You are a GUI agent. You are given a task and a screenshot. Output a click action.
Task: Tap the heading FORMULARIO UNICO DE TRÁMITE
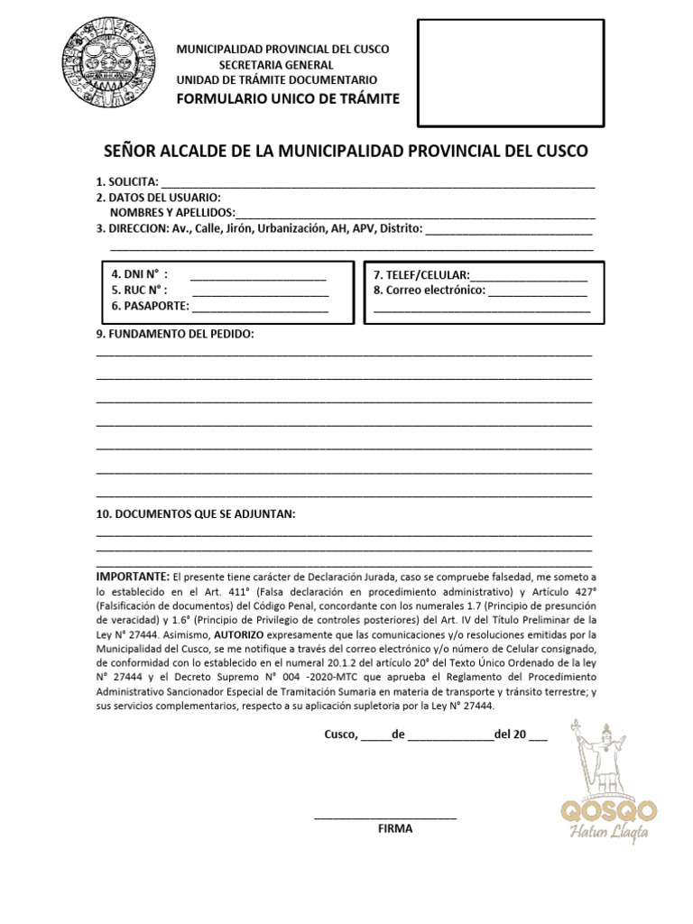(286, 98)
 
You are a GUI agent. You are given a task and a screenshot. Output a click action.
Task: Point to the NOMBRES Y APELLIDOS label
(172, 213)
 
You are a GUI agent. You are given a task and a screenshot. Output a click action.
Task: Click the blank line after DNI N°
(258, 275)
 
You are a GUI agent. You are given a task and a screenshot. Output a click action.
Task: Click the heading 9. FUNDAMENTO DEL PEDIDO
(175, 335)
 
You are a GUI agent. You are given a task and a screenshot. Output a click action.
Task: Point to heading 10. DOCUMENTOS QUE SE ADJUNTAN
(196, 514)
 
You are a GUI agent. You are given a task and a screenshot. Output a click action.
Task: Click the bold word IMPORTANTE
(132, 577)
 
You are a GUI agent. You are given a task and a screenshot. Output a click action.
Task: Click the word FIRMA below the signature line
(395, 828)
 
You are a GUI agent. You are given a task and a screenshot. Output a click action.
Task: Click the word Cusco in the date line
(341, 735)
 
